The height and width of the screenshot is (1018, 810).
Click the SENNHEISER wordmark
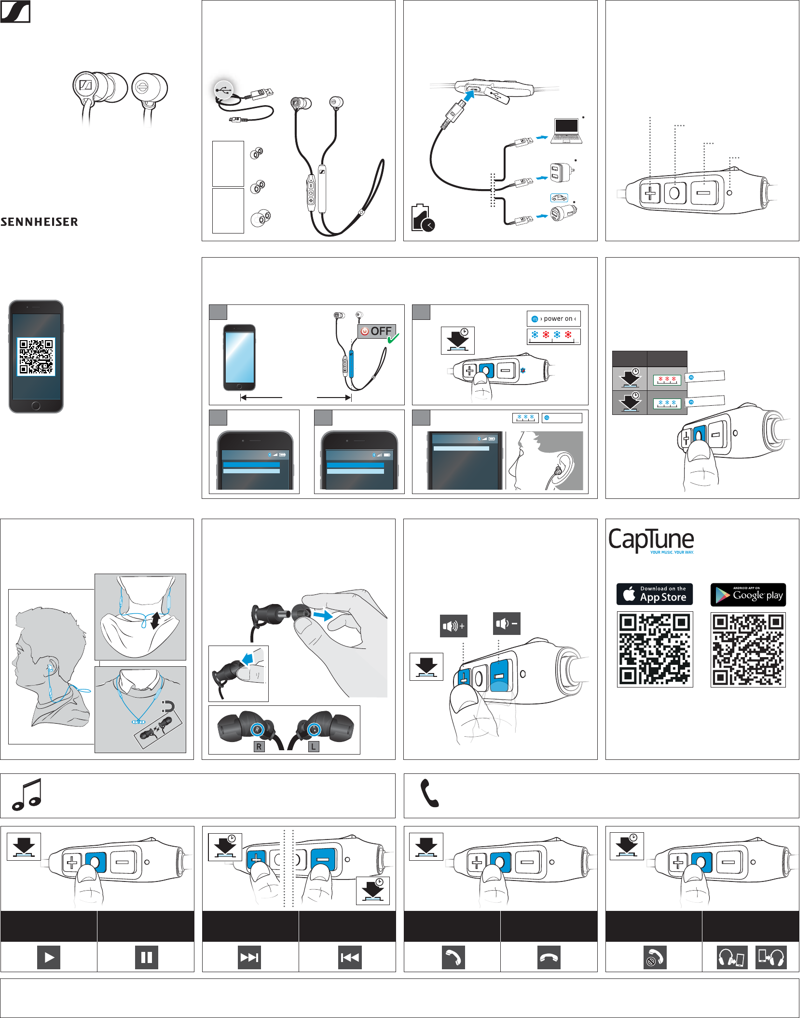[x=40, y=222]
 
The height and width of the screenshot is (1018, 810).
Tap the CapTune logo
[x=651, y=540]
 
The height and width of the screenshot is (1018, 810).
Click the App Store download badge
[x=654, y=594]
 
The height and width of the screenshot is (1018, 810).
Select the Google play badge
[x=748, y=594]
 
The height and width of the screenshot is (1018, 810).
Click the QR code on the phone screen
[x=36, y=357]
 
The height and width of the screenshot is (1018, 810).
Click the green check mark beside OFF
[x=393, y=338]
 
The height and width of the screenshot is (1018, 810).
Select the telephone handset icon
[x=429, y=793]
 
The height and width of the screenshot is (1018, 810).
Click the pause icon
[x=146, y=957]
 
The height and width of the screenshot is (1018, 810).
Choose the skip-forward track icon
[x=249, y=957]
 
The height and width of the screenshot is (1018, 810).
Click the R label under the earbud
[x=259, y=746]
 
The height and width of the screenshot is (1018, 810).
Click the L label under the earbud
[x=314, y=746]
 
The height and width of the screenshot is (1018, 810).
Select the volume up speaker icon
[x=453, y=626]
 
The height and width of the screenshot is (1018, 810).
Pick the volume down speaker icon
[x=507, y=623]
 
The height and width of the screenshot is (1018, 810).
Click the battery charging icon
[x=422, y=218]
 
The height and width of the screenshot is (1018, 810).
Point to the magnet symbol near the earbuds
[x=167, y=706]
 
